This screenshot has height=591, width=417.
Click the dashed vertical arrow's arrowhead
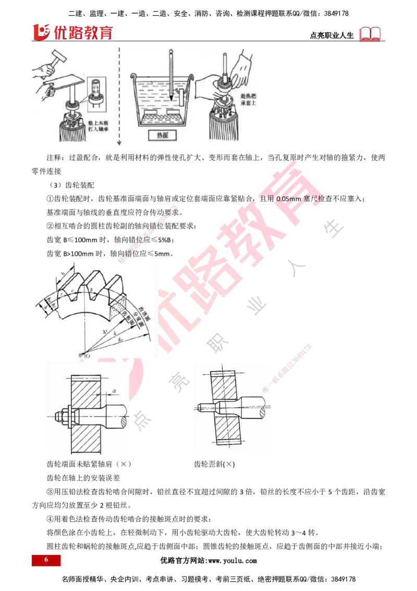(119, 143)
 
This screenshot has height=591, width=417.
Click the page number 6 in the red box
(46, 560)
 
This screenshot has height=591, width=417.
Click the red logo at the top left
(72, 33)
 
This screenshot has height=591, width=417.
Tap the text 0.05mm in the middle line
(286, 199)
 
